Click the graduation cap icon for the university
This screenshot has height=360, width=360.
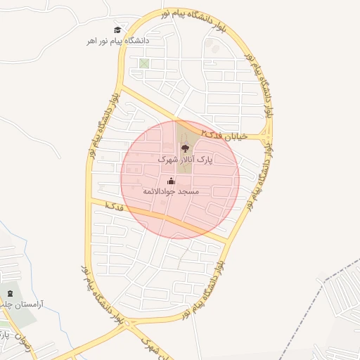pos(117,30)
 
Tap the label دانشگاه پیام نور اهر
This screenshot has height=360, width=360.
pos(118,41)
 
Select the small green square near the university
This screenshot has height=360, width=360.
pos(144,64)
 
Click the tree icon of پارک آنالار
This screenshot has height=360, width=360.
pos(185,148)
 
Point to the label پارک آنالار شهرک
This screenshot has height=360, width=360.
pos(185,160)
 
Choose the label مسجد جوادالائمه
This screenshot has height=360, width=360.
pos(172,192)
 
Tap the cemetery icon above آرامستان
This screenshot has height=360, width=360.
pos(10,293)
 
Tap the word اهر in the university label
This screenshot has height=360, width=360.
pos(91,41)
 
